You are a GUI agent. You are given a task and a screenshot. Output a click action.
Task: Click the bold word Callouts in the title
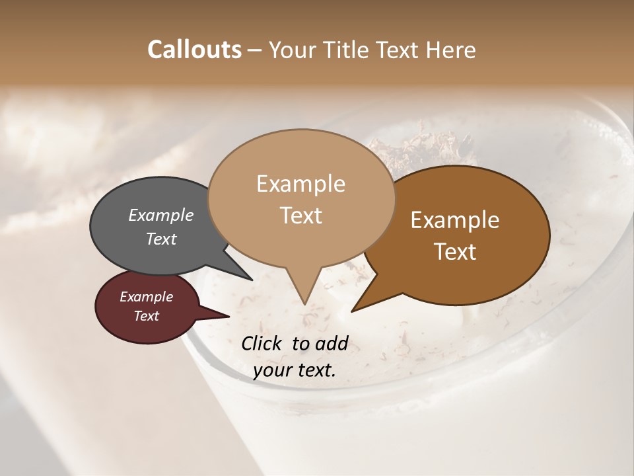coord(194,50)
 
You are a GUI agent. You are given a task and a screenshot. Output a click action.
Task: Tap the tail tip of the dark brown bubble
coord(353,310)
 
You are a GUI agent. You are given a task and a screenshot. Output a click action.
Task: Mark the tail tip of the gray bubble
coord(251,280)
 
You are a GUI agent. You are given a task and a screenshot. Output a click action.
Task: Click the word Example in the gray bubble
coord(160,215)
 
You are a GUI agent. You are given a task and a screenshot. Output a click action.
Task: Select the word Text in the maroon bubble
coord(146,316)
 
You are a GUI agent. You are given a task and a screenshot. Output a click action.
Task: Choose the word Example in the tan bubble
coord(300,184)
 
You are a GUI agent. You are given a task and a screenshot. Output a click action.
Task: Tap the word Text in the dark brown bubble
coord(456,252)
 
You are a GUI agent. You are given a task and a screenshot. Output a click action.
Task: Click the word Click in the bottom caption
coord(263,343)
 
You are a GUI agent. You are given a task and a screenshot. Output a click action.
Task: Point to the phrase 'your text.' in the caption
coord(295,370)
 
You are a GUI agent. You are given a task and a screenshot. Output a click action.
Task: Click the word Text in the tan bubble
coord(301,216)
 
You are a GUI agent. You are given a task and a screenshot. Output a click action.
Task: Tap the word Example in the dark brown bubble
coord(455,220)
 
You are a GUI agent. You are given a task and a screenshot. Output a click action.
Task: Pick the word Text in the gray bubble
coord(160,239)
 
